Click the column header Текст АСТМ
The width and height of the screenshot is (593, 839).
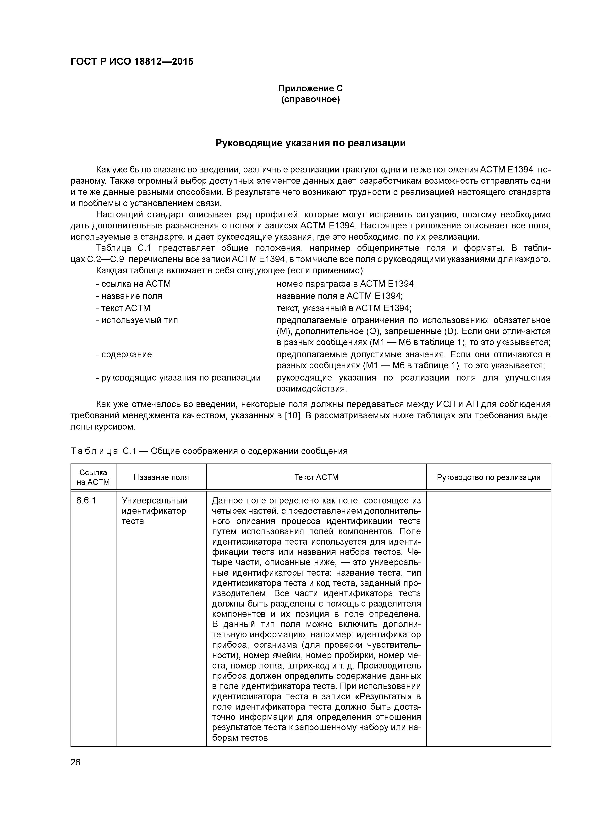316,477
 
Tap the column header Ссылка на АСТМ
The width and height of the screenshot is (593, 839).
93,477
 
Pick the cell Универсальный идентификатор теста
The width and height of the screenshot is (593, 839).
154,510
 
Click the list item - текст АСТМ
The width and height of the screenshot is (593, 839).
123,308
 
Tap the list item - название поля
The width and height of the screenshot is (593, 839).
129,296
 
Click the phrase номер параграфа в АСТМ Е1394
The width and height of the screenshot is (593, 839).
346,284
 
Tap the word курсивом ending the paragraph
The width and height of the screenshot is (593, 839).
118,427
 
